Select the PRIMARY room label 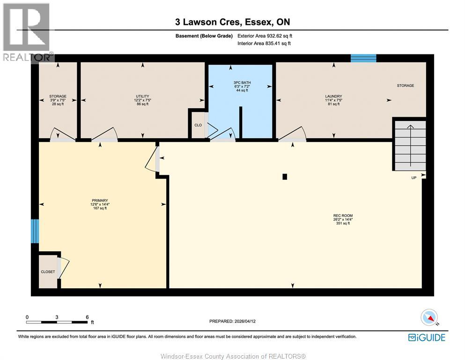point(100,200)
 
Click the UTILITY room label point(142,96)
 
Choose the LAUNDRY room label point(333,96)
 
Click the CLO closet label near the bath point(198,125)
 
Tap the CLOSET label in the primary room point(48,272)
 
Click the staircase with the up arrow point(410,145)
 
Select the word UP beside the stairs point(414,178)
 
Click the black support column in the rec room point(285,177)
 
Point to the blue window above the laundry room point(363,58)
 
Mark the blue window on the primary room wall point(35,231)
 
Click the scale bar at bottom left point(57,322)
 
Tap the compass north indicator point(429,318)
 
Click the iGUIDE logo point(427,337)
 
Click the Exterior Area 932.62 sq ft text point(264,36)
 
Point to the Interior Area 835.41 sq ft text point(264,44)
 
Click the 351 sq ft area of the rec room point(343,224)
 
